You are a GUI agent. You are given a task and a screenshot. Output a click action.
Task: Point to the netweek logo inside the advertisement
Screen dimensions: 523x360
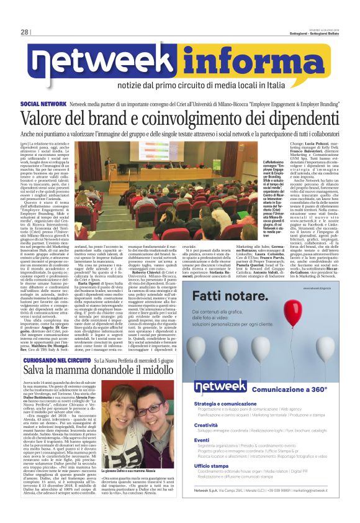pyautogui.click(x=220, y=387)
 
